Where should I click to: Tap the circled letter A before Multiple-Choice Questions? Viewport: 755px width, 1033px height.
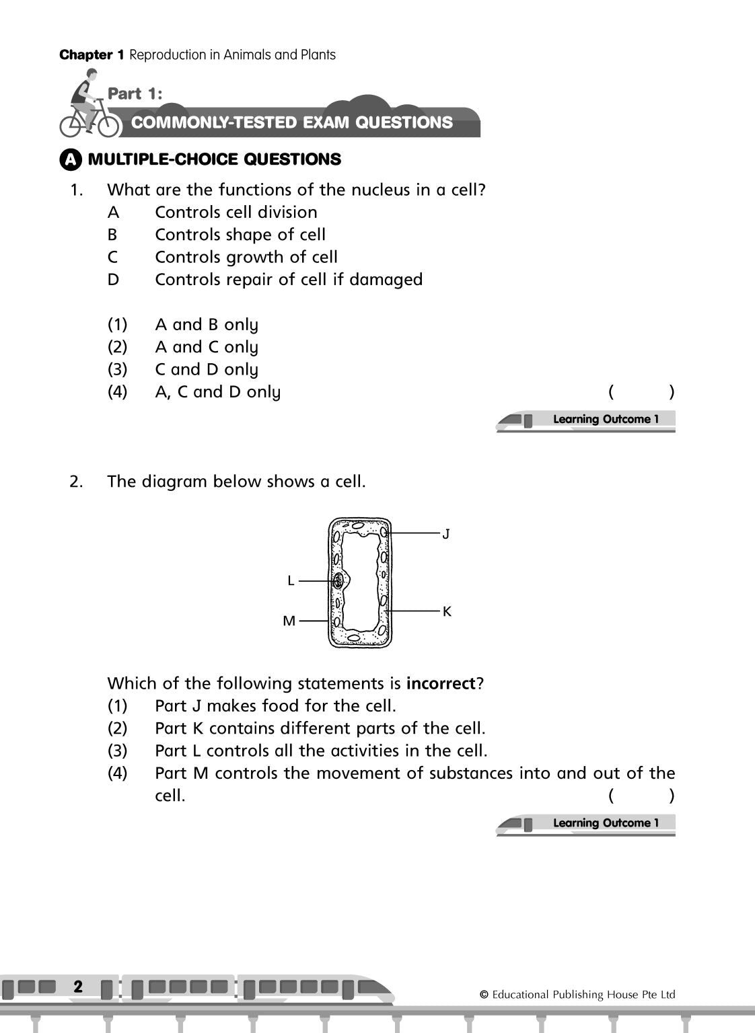pos(71,160)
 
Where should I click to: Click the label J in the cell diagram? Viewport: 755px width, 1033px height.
pos(445,534)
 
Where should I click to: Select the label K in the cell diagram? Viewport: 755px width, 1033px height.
pos(447,611)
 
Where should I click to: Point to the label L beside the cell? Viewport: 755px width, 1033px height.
pos(291,580)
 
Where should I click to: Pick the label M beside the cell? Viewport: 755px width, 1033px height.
pos(289,621)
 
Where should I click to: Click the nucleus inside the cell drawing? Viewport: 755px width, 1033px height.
pos(338,580)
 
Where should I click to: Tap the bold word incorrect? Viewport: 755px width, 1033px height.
pos(441,684)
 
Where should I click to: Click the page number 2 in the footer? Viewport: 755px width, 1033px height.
pos(78,987)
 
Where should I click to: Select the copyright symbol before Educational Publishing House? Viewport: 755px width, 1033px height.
pos(484,995)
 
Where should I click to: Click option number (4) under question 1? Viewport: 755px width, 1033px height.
pos(117,392)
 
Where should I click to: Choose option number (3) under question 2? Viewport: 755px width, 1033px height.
pos(117,751)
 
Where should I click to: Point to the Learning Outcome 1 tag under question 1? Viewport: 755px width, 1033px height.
pos(604,420)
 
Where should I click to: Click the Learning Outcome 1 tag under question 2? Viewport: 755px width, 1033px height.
pos(604,823)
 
